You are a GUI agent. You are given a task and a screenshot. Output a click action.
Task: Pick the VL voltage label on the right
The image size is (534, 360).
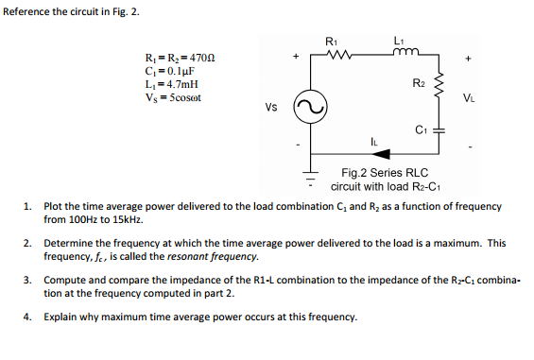pos(470,95)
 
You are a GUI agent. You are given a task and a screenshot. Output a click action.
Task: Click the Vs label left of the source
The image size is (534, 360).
pos(271,107)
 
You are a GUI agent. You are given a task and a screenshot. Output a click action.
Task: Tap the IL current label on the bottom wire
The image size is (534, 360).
pos(376,144)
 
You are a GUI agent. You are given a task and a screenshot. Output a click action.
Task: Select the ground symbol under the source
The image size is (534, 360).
pos(308,176)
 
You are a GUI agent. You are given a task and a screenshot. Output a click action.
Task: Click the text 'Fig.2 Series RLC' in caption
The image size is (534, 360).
pos(384,173)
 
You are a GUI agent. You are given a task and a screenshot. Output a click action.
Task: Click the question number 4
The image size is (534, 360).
pos(28,316)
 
